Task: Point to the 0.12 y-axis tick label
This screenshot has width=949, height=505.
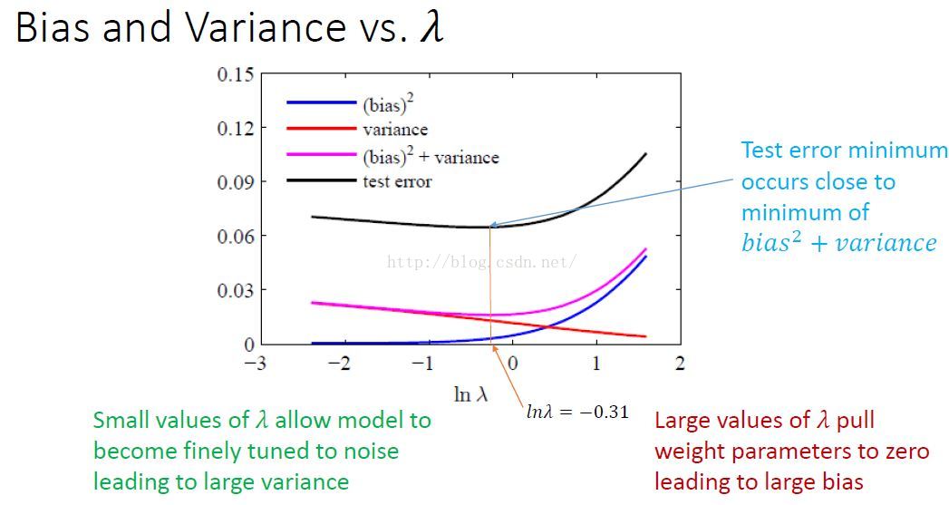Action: (x=235, y=128)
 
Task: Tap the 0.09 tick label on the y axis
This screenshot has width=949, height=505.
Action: (x=235, y=182)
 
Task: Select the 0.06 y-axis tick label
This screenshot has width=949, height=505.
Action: (x=235, y=237)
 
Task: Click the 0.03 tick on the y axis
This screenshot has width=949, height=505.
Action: (x=235, y=290)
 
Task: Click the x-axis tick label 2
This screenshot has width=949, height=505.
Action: (x=680, y=364)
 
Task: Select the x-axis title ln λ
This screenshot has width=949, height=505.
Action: (x=474, y=395)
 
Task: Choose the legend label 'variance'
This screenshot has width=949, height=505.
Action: (x=395, y=130)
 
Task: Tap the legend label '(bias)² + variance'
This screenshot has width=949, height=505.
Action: (x=431, y=157)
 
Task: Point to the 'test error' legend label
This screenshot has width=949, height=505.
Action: (x=397, y=182)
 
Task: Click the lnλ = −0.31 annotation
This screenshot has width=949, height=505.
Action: (x=577, y=413)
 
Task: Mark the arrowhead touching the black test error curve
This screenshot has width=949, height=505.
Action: (x=492, y=225)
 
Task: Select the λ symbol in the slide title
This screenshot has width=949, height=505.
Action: (x=431, y=28)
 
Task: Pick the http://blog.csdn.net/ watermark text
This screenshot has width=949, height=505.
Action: (x=481, y=262)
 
